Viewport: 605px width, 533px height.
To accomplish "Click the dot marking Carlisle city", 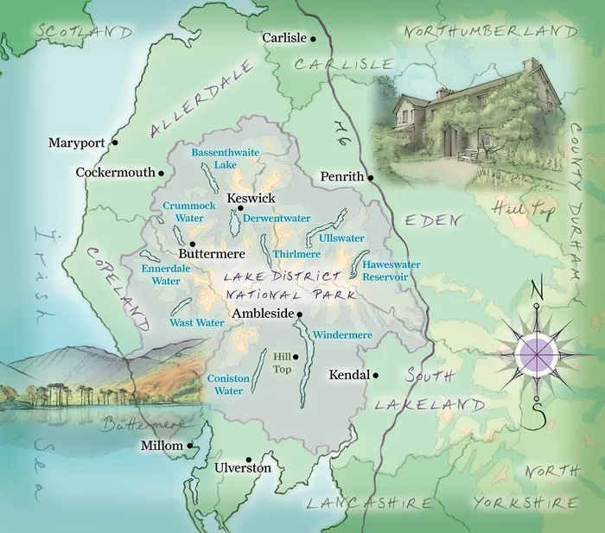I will point(314,39).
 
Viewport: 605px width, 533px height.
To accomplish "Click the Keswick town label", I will point(251,199).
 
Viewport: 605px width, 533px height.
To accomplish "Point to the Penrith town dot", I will point(371,178).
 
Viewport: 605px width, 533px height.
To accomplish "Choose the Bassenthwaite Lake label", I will point(213,158).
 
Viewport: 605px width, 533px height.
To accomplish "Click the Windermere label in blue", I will point(342,334).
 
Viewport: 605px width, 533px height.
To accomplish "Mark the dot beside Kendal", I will point(376,376).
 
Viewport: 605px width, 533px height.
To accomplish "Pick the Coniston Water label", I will point(229,384).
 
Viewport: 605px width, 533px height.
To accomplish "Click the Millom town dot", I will point(190,446).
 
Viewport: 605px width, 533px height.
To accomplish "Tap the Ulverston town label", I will point(243,468).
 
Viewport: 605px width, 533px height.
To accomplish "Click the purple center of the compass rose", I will point(536,352).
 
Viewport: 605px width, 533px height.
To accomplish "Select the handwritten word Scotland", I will point(82,32).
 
